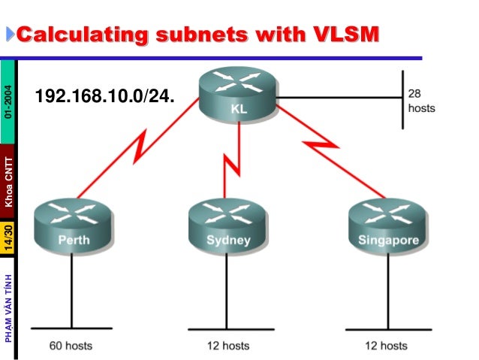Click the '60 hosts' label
click(71, 346)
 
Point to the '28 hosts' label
click(420, 101)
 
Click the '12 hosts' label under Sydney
click(228, 346)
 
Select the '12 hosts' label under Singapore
click(385, 346)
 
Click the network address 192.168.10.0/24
click(105, 97)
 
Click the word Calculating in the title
click(81, 35)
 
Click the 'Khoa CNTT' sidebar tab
click(8, 181)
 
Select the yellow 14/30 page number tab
click(8, 237)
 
